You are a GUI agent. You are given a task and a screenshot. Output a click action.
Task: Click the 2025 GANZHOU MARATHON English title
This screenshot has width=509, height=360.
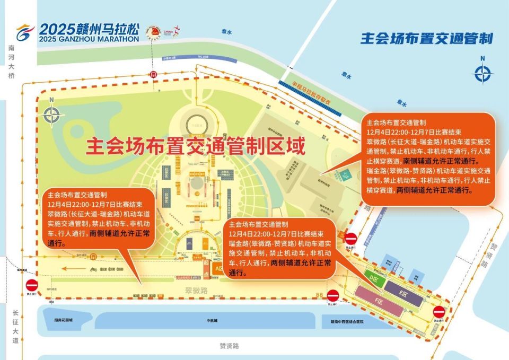tap(89, 39)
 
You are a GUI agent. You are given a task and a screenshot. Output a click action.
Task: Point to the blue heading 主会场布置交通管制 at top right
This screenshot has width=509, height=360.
tap(426, 38)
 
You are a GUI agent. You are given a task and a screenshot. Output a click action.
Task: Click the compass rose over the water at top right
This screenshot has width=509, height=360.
tap(482, 74)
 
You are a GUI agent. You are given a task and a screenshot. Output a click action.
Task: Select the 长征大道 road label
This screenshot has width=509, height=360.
tap(15, 326)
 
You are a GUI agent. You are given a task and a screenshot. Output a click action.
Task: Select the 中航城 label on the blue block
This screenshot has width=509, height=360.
tap(212, 321)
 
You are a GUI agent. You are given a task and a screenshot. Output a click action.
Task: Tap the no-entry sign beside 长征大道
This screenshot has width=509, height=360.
tap(31, 284)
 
